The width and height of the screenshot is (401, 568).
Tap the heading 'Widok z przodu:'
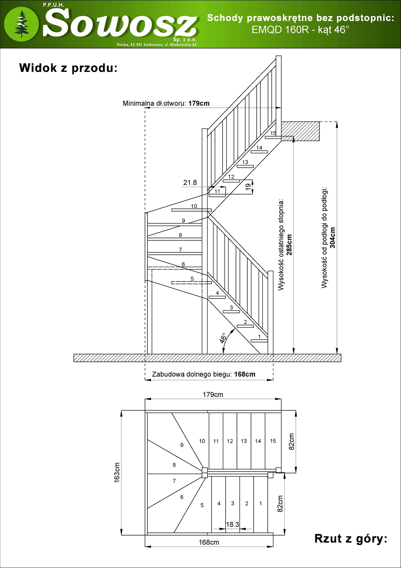(x=69, y=68)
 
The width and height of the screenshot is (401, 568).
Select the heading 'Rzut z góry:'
(x=351, y=539)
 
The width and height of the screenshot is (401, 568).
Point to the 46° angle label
(x=223, y=338)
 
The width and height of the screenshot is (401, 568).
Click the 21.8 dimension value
(x=190, y=182)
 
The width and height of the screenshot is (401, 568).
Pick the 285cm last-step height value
(x=289, y=245)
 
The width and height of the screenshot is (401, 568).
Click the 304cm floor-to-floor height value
(x=332, y=238)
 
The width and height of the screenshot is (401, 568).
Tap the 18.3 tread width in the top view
(x=232, y=524)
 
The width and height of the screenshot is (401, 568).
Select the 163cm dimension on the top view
(x=117, y=472)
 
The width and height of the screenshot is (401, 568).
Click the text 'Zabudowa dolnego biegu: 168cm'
(x=204, y=374)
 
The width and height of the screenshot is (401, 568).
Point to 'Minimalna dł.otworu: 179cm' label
(x=166, y=103)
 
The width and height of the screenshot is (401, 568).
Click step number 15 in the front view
(x=273, y=133)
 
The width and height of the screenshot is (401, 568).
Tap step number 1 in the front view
(x=259, y=336)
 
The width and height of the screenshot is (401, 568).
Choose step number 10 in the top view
(x=202, y=441)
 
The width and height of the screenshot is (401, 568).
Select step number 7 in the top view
(x=174, y=481)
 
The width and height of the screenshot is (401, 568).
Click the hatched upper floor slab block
(x=300, y=131)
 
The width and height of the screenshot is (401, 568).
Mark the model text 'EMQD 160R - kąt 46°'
(x=300, y=30)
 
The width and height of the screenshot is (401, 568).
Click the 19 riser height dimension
(x=248, y=187)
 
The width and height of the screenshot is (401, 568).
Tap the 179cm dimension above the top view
(x=213, y=395)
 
